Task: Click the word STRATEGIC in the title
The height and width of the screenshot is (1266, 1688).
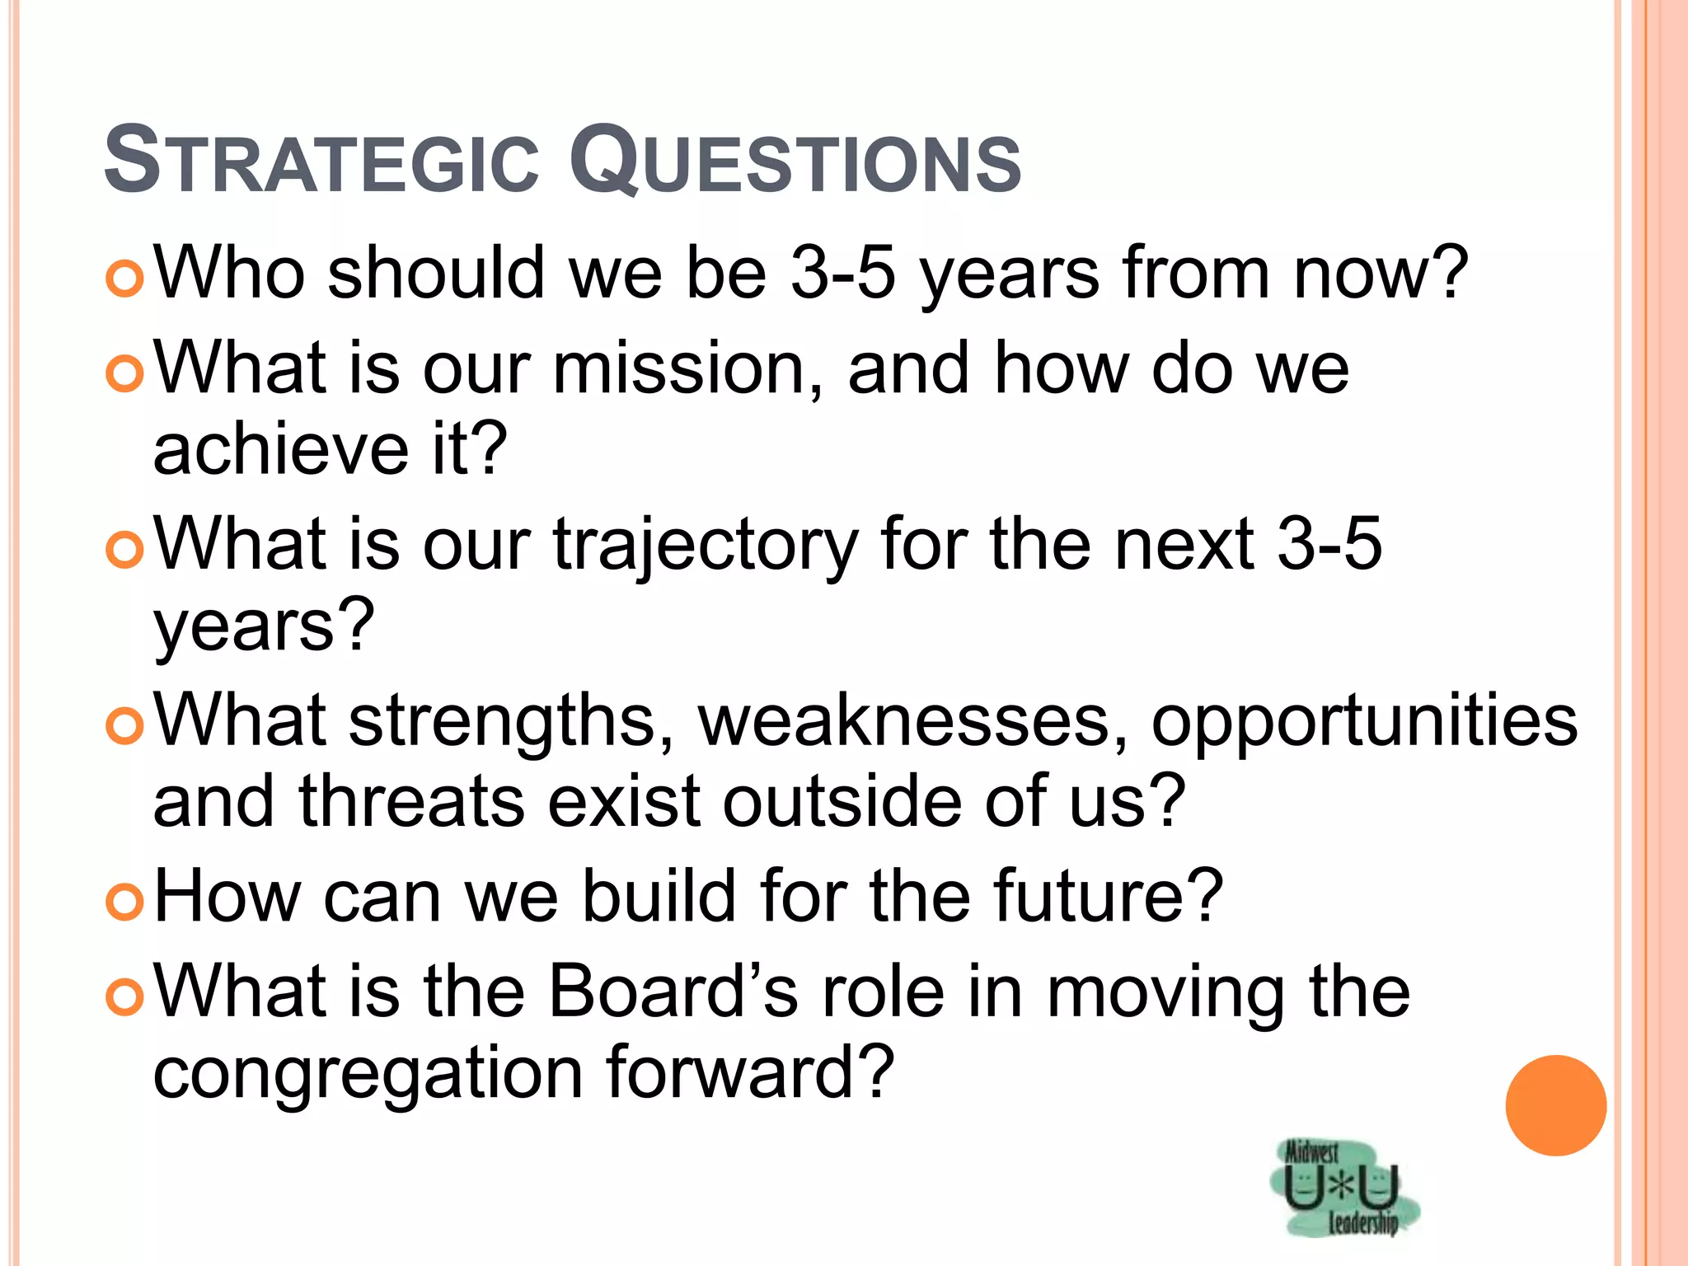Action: pyautogui.click(x=321, y=161)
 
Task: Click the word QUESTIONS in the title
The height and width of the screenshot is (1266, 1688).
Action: pyautogui.click(x=795, y=161)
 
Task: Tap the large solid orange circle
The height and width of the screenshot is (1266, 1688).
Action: pyautogui.click(x=1555, y=1105)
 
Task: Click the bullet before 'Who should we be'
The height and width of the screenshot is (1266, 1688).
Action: pyautogui.click(x=125, y=279)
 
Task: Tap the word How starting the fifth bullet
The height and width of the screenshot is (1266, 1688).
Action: pyautogui.click(x=227, y=896)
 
